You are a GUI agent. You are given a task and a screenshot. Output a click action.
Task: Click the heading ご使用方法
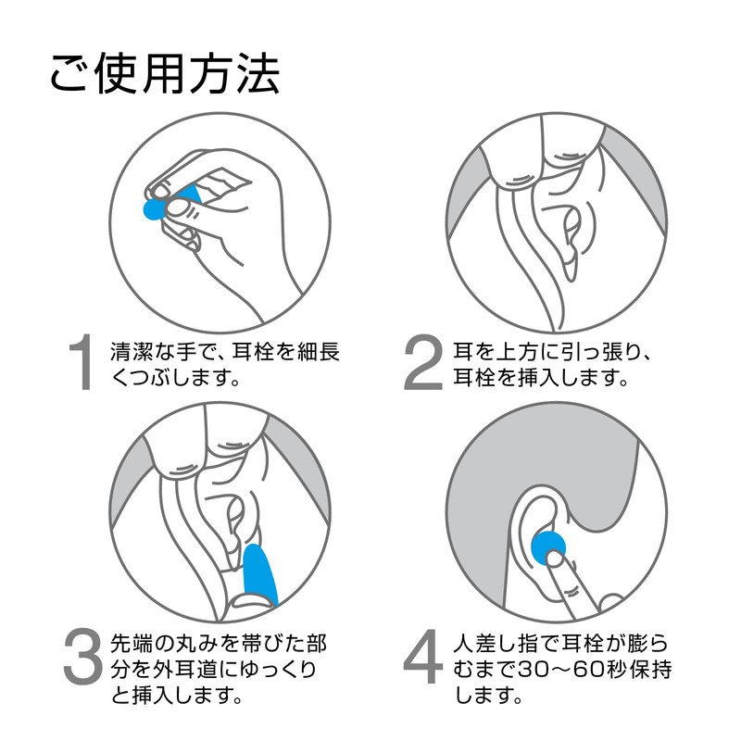165,73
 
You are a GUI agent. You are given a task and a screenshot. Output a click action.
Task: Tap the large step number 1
82,362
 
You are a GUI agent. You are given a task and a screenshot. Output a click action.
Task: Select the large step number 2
423,362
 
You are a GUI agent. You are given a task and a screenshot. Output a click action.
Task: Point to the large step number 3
83,656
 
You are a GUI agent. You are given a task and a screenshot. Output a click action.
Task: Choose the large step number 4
423,656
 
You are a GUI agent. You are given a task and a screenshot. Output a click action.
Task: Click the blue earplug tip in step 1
153,209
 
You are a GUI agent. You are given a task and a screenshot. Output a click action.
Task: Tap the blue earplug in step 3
259,575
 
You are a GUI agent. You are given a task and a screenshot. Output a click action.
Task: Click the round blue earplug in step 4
547,548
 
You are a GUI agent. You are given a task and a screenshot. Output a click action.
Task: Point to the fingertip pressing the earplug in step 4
555,559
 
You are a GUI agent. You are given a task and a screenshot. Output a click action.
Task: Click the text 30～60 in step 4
567,669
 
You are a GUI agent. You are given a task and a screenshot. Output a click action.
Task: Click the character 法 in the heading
258,73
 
